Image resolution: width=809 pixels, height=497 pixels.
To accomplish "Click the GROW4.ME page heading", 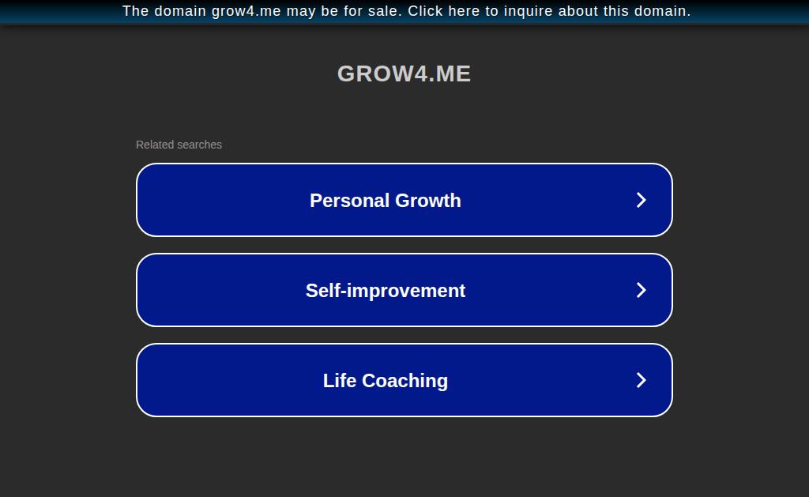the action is coord(404,73).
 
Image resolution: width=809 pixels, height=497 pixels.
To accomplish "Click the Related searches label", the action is coord(179,145).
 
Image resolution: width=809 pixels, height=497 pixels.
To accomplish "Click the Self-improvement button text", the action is coord(386,291).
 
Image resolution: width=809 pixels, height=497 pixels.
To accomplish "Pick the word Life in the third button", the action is coord(340,380).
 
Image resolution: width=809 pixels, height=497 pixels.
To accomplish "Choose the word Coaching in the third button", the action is coord(405,381).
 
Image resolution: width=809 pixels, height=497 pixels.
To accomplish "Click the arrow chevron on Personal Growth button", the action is coord(641,200).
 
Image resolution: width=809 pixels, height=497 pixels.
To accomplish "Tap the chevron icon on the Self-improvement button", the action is coord(641,290).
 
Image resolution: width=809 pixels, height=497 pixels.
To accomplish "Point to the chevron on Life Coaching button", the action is coord(641,380).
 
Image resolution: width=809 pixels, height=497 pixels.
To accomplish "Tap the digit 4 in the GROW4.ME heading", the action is coord(421,73).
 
